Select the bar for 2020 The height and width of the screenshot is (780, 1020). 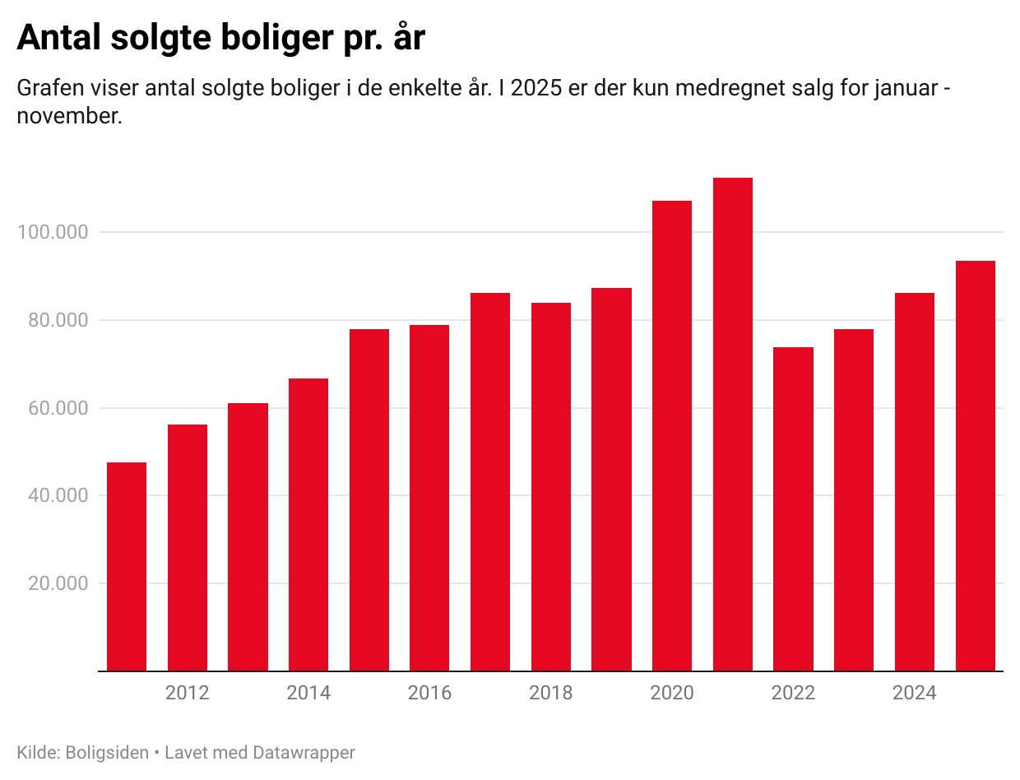pos(672,436)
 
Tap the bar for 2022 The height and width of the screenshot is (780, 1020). pos(793,509)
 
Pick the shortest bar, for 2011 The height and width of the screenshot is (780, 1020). pos(127,567)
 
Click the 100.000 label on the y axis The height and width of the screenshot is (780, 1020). pos(52,232)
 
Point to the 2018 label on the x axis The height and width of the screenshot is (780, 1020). pos(550,693)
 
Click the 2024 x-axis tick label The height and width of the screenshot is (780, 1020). pos(914,693)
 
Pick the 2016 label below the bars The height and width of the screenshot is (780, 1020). pos(429,693)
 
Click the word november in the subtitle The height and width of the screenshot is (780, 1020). pos(69,116)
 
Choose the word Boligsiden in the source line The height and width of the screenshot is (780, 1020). pos(107,752)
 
